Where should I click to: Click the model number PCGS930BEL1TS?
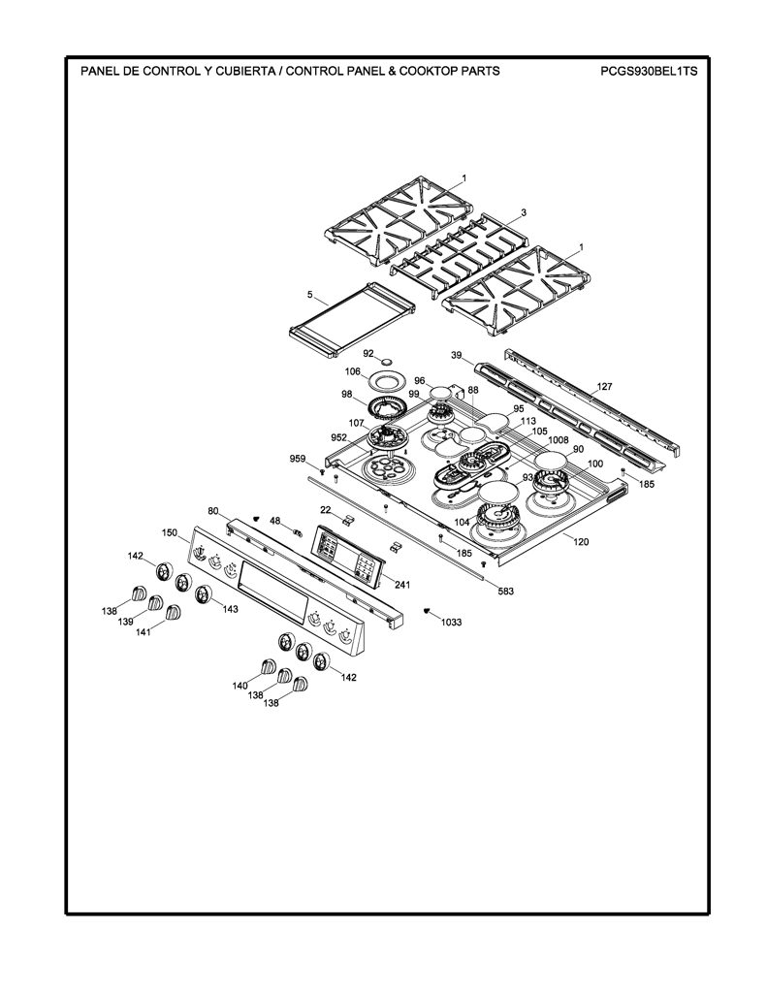649,72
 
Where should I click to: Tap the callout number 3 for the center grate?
524,212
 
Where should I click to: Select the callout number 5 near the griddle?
310,295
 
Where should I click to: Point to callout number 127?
604,386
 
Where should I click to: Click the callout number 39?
457,355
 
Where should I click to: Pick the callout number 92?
368,353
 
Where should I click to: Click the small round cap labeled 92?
385,361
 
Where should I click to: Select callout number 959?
298,459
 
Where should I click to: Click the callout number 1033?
452,622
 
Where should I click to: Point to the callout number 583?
505,592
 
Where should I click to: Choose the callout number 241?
401,585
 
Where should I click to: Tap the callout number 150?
169,532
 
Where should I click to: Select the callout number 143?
230,609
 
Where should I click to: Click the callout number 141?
144,631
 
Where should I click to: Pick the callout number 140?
240,686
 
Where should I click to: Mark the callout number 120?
581,541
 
